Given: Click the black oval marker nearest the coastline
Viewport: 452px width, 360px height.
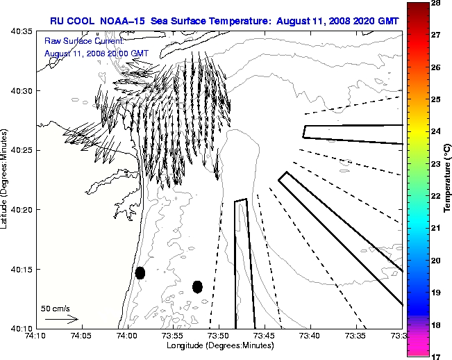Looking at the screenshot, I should [x=140, y=272].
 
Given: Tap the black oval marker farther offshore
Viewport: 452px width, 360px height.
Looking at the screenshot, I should [x=197, y=286].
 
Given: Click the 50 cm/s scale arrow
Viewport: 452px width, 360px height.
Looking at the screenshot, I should [x=61, y=320].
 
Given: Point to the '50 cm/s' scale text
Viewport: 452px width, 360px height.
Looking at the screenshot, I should [x=56, y=308].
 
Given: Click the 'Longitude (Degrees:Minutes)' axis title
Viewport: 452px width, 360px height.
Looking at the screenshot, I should [x=219, y=345].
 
